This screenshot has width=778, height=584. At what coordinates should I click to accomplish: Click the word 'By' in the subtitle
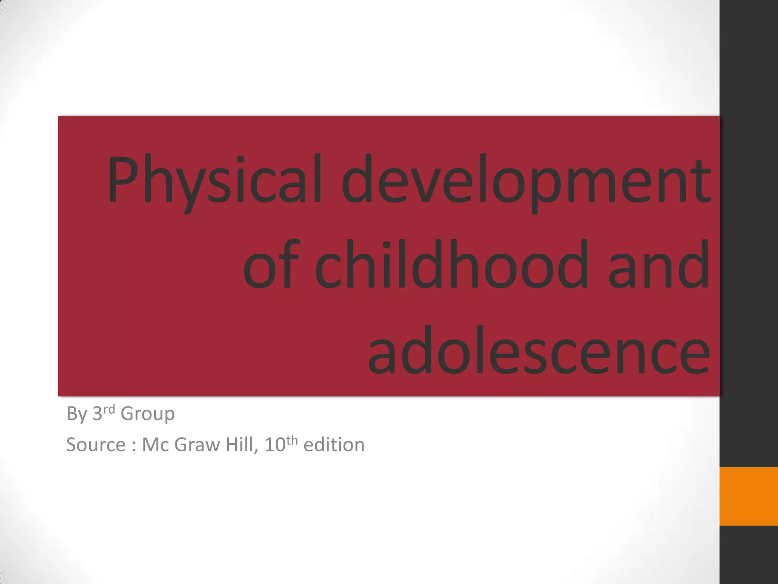pos(77,414)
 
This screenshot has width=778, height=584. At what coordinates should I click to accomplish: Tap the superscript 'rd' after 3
pos(109,409)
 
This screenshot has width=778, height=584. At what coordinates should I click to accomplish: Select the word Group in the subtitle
pos(147,414)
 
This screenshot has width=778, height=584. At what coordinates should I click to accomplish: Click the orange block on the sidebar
pos(748,496)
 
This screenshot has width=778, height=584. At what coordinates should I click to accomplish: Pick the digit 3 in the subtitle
pos(97,414)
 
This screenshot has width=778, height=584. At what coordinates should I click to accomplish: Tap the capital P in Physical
pos(122,179)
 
